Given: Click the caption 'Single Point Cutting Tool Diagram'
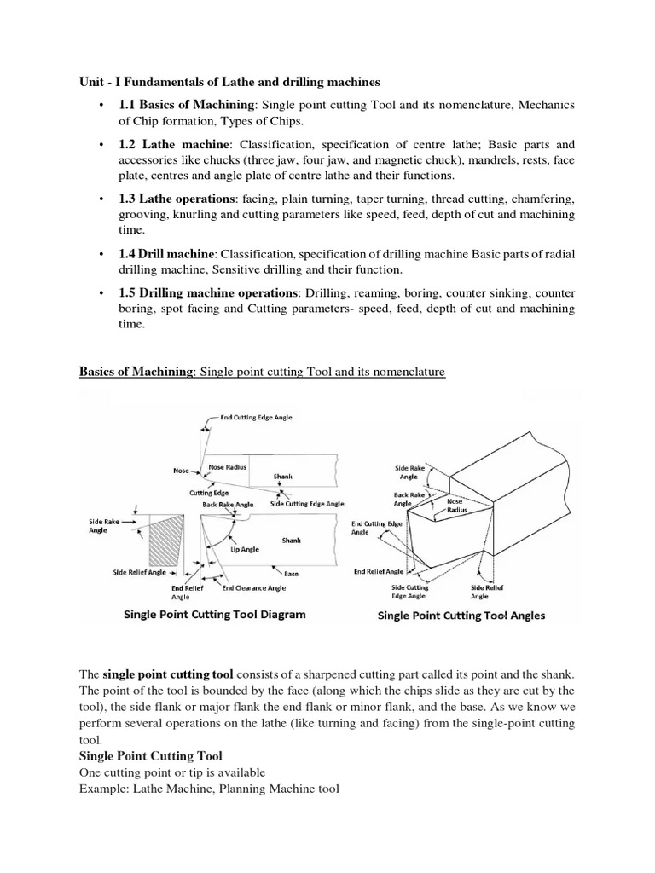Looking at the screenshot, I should tap(215, 614).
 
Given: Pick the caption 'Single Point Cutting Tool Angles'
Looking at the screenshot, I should tap(461, 615).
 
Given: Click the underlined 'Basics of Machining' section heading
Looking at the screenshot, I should tap(136, 373).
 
